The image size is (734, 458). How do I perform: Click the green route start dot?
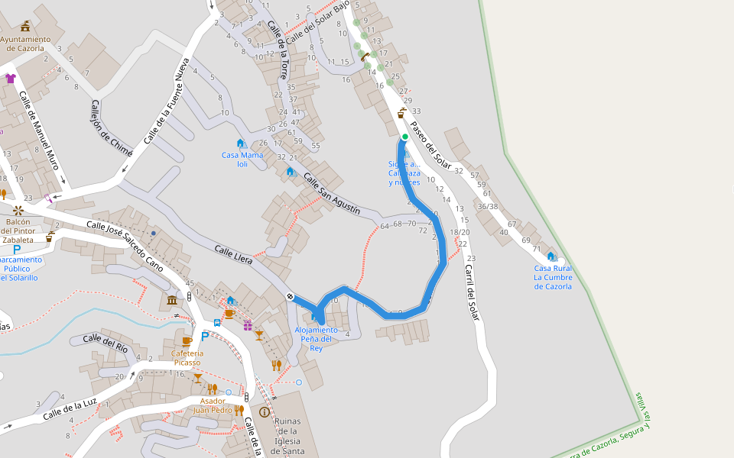click(404, 137)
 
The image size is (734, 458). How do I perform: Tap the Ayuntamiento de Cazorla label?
click(26, 44)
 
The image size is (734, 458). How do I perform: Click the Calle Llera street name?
click(233, 255)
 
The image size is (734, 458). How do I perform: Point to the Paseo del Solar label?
click(430, 145)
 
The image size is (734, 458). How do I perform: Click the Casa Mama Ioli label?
click(242, 159)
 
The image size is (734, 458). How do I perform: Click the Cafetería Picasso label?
click(187, 357)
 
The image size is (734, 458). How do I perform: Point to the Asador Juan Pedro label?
click(213, 405)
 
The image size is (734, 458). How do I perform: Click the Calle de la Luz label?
click(70, 408)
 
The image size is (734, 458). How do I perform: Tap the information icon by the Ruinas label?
click(265, 411)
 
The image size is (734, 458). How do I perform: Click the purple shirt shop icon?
click(10, 78)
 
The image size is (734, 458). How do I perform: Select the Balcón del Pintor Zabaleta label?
click(18, 230)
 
